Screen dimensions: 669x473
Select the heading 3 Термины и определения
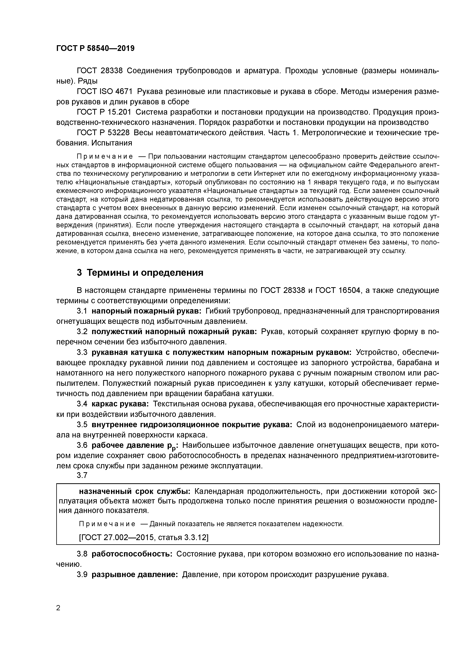pyautogui.click(x=140, y=273)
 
